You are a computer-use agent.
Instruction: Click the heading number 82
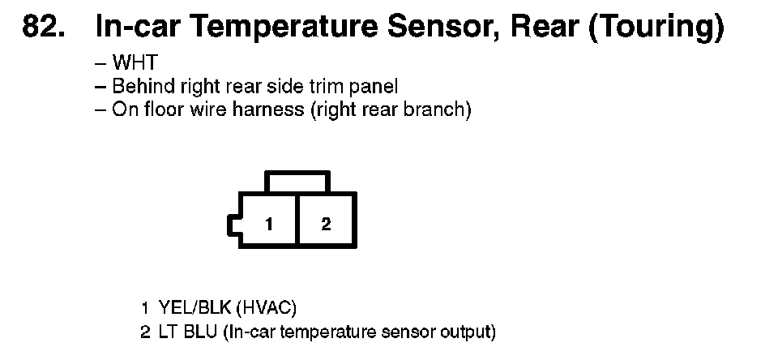(x=45, y=28)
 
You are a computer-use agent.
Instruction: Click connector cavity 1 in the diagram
(x=267, y=224)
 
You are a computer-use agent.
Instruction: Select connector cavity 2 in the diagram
(x=326, y=224)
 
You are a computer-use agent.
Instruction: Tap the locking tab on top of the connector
(x=297, y=181)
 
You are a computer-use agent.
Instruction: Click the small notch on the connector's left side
(x=233, y=225)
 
